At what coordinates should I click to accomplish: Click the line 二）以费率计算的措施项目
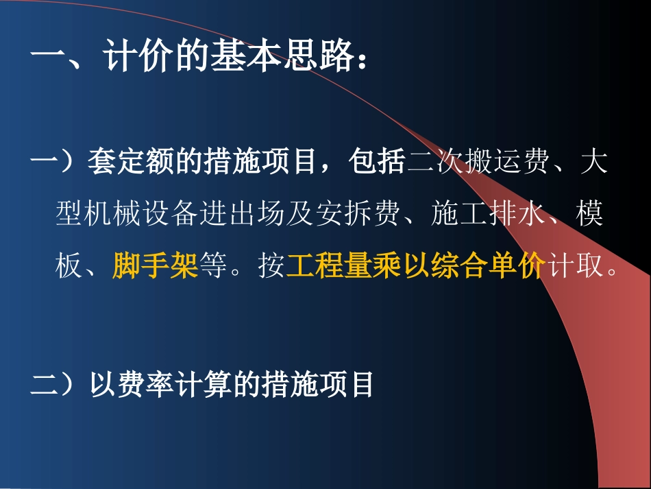click(203, 385)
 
